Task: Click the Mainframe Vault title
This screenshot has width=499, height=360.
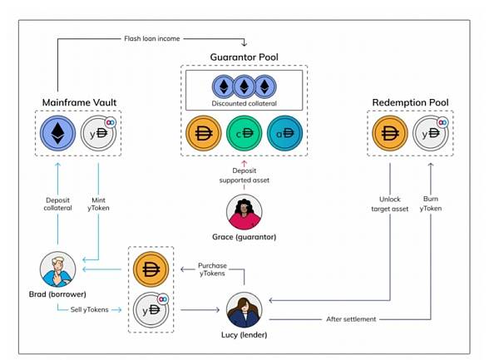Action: coord(79,102)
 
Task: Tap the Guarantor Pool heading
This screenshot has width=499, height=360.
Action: coord(244,57)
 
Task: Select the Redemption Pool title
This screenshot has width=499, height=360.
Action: coord(410,102)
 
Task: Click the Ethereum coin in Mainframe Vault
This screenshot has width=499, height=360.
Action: coord(57,133)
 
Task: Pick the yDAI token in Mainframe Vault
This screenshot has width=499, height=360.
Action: coord(98,133)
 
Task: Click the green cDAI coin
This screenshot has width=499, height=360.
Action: coord(244,133)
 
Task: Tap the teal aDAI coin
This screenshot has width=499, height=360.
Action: coord(284,133)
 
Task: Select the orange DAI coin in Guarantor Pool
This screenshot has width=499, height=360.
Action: coord(204,133)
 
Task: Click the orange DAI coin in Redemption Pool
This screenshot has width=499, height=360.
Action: coord(390,133)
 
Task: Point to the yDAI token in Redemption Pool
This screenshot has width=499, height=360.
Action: coord(431,133)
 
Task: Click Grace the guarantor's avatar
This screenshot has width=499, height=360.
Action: coord(244,212)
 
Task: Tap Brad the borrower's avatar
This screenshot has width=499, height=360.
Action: coord(57,269)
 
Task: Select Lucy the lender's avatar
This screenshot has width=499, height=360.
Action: coord(244,310)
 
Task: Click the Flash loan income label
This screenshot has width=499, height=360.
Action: coord(152,38)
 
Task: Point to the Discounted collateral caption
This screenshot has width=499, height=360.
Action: coord(244,103)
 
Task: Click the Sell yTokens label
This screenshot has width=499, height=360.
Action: coord(90,309)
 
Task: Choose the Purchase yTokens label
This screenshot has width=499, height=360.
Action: coord(212,269)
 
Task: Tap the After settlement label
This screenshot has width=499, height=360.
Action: coord(351,319)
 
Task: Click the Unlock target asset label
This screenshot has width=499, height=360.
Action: coord(390,204)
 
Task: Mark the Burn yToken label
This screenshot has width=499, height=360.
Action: coord(431,204)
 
